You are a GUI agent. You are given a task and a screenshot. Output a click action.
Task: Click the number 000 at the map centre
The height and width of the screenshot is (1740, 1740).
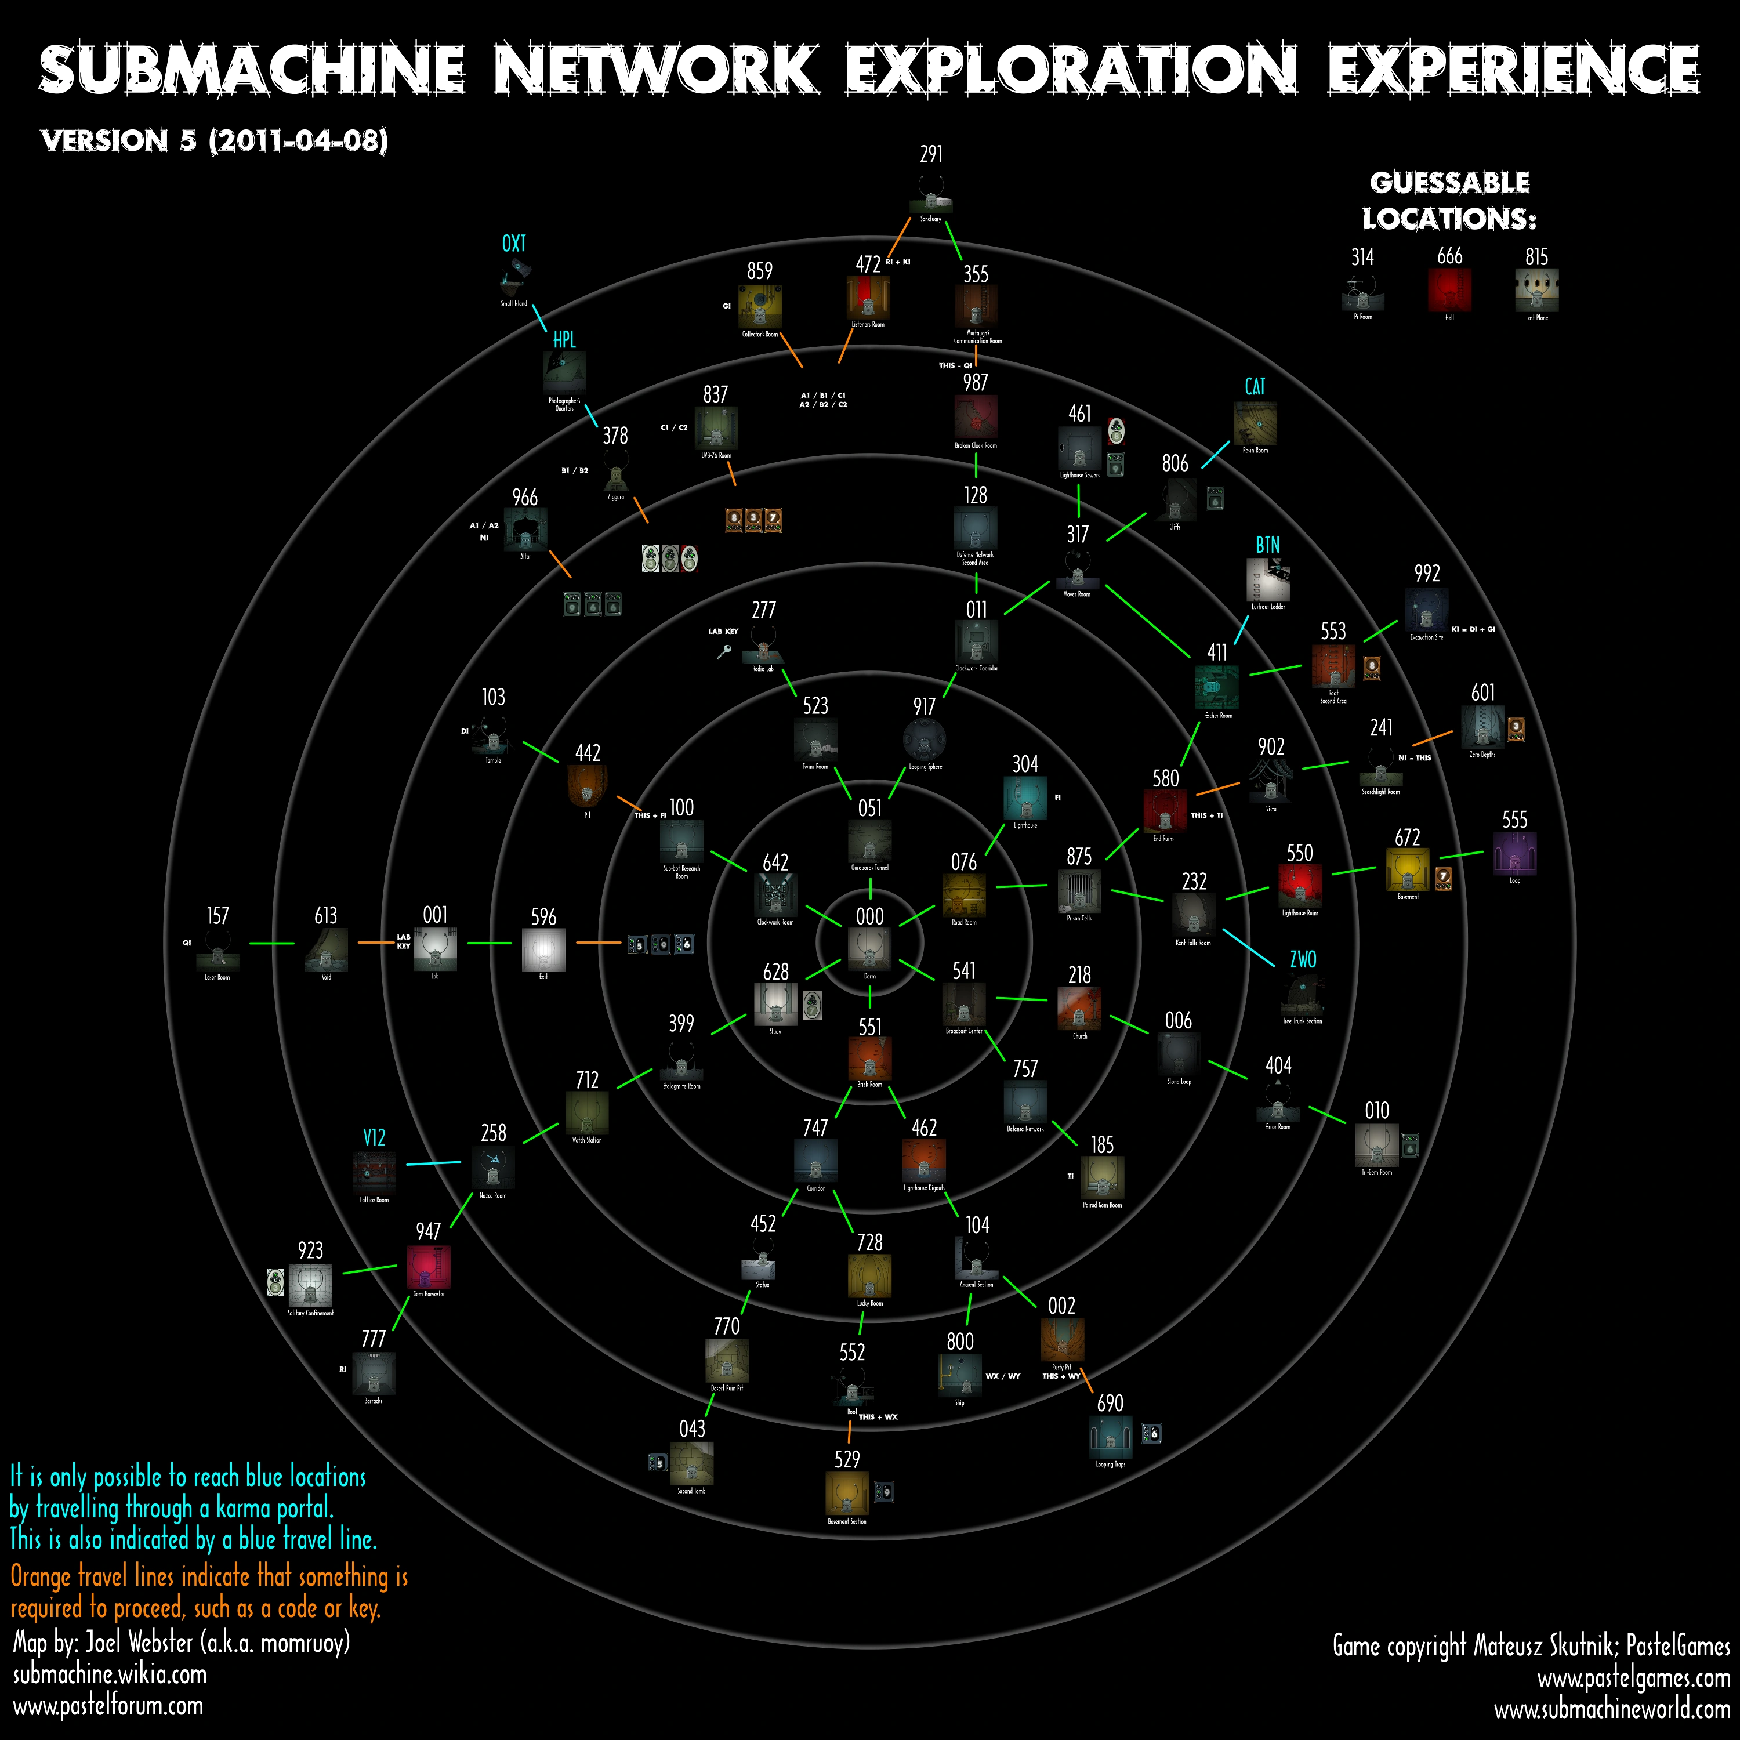point(869,916)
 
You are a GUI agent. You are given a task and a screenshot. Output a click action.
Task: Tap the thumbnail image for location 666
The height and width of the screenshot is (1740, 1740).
point(1449,290)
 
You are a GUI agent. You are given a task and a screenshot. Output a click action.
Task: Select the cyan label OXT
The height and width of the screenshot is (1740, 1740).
point(513,243)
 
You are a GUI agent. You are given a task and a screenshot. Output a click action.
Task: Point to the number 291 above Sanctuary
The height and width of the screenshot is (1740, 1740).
point(931,154)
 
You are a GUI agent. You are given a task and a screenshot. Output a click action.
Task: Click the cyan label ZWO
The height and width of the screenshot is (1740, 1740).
point(1302,959)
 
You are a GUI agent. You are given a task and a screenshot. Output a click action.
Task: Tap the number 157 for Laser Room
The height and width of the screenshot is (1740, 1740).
point(217,915)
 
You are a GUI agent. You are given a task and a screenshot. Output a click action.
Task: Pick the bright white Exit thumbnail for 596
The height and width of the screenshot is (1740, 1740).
point(543,949)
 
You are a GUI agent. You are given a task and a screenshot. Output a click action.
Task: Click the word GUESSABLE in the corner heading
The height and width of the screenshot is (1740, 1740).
point(1449,183)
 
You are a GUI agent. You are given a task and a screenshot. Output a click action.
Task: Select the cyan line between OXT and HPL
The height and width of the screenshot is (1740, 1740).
point(539,317)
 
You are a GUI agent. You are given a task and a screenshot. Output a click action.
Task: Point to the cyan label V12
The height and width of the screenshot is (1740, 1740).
point(374,1137)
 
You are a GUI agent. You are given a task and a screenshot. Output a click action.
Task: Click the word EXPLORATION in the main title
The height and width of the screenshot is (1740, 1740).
point(1071,70)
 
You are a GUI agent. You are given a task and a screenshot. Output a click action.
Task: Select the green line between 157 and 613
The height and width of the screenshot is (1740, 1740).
point(271,943)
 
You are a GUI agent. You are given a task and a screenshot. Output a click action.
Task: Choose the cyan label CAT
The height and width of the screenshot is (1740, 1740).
point(1255,386)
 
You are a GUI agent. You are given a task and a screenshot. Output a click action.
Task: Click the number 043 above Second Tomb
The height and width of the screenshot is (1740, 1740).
point(692,1427)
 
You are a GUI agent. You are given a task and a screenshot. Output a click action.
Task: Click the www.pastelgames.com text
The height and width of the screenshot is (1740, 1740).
point(1633,1678)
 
